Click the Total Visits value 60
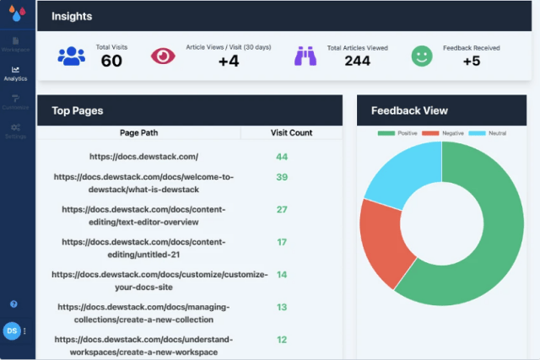(x=111, y=61)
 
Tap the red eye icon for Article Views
(x=163, y=56)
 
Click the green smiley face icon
(x=422, y=56)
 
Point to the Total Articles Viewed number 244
(x=357, y=61)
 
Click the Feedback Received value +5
(x=471, y=61)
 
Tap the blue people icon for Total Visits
(x=72, y=56)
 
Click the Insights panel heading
(x=72, y=16)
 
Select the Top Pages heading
(x=78, y=110)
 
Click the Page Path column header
(x=138, y=133)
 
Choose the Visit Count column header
(x=291, y=133)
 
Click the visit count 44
(x=282, y=157)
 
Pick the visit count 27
(x=282, y=209)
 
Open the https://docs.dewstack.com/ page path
(x=143, y=157)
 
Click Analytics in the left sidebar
(x=15, y=73)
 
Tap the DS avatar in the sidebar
(x=13, y=331)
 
